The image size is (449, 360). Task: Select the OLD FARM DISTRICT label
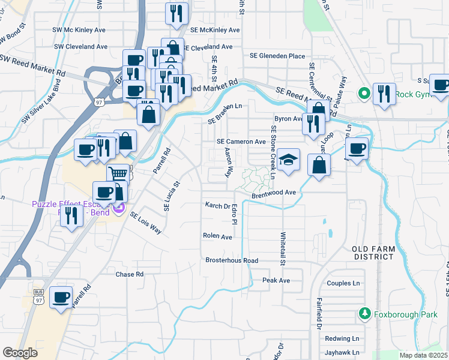pyautogui.click(x=376, y=253)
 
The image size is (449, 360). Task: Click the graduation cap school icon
pyautogui.click(x=288, y=160)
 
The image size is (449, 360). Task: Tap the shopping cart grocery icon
pyautogui.click(x=119, y=173)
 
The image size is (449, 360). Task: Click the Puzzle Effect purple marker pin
pyautogui.click(x=119, y=208)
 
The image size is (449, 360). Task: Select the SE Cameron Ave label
pyautogui.click(x=241, y=142)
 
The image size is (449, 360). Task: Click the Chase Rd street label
pyautogui.click(x=130, y=274)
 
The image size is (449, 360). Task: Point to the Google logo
pyautogui.click(x=20, y=353)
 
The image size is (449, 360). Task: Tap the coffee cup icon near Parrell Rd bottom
pyautogui.click(x=61, y=297)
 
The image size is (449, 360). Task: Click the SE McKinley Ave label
pyautogui.click(x=215, y=29)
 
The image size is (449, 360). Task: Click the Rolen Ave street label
pyautogui.click(x=217, y=236)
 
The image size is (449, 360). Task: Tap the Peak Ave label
pyautogui.click(x=276, y=280)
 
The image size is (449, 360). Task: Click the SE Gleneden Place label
pyautogui.click(x=277, y=56)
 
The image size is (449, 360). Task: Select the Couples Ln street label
pyautogui.click(x=343, y=283)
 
